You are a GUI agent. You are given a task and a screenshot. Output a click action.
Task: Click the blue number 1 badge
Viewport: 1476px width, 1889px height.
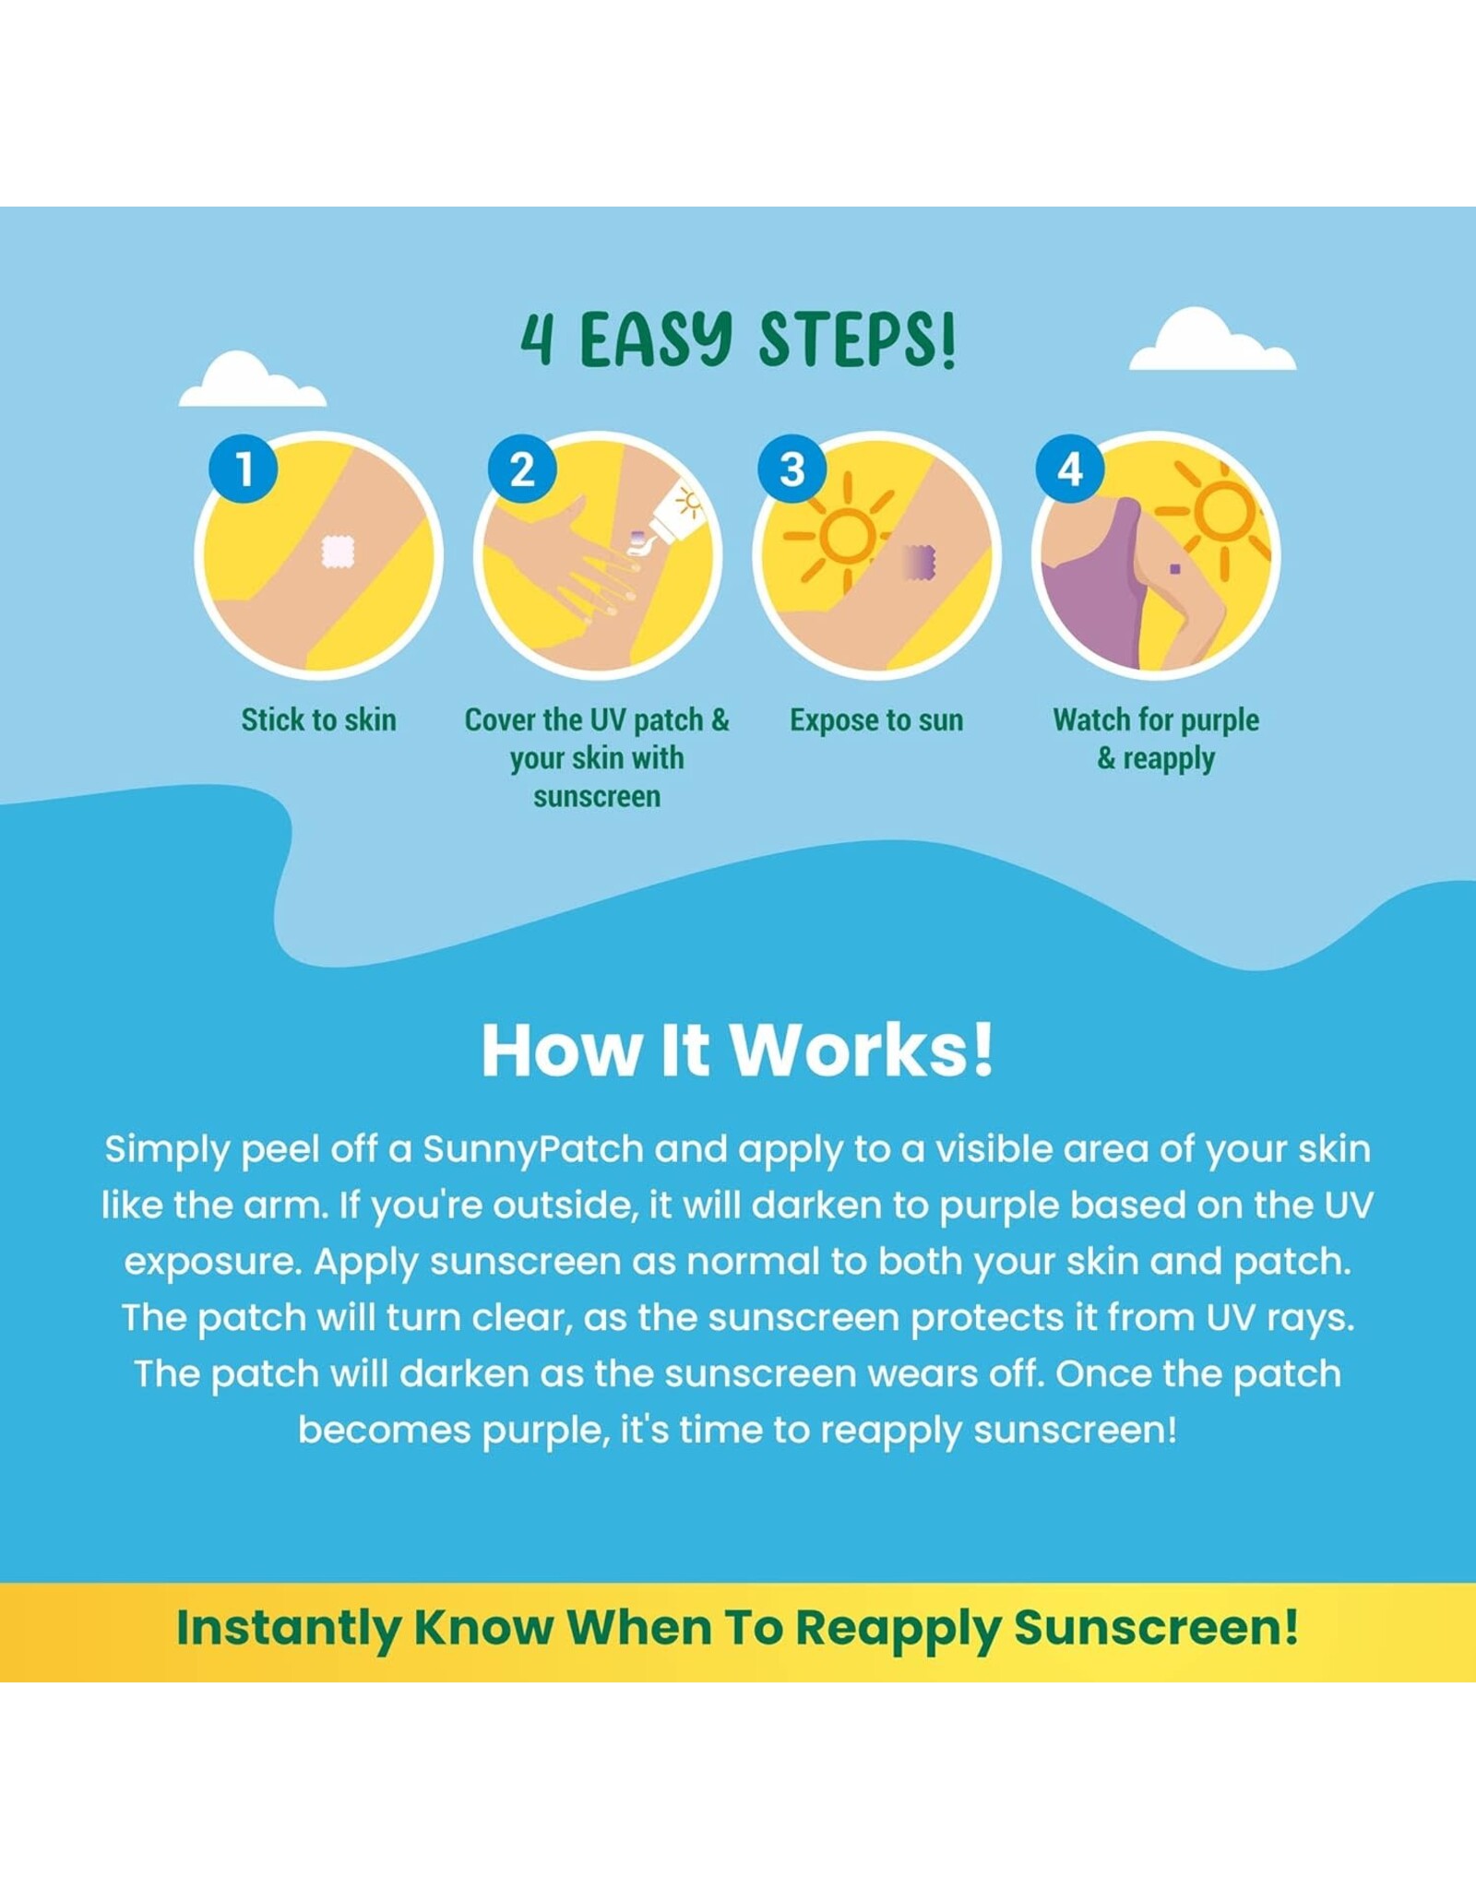[244, 469]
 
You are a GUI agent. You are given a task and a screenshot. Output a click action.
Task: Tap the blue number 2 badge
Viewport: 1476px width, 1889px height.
[522, 469]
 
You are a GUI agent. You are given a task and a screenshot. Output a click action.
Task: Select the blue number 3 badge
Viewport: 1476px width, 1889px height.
[792, 469]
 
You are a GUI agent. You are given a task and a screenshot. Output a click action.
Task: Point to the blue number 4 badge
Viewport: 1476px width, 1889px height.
[1070, 469]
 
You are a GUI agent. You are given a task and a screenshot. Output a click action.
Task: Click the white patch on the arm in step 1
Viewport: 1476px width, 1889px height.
[338, 552]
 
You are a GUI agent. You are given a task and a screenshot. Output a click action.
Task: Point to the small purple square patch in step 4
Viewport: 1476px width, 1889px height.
[1174, 569]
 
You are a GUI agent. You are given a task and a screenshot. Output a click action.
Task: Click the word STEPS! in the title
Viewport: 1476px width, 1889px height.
[857, 339]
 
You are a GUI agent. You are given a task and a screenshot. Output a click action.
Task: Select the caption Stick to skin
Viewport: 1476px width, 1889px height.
[318, 719]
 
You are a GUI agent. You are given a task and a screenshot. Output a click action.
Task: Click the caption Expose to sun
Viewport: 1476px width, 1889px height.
[876, 719]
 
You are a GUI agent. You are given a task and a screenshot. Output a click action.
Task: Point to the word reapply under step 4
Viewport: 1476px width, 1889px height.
[1169, 760]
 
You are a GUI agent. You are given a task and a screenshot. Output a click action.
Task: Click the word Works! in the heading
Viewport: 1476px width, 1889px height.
[862, 1050]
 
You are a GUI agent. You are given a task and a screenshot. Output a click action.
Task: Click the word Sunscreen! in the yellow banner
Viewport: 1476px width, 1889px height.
[1157, 1627]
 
